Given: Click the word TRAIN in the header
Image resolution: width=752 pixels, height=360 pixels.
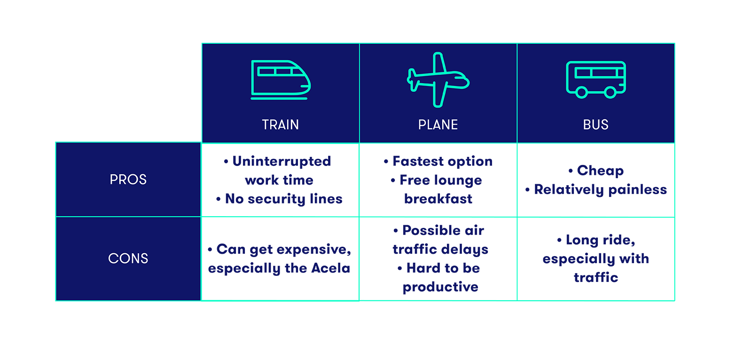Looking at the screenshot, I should pyautogui.click(x=280, y=125).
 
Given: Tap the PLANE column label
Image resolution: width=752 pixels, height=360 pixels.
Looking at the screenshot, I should pyautogui.click(x=438, y=125).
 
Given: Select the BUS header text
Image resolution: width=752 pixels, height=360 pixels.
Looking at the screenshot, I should pyautogui.click(x=595, y=125).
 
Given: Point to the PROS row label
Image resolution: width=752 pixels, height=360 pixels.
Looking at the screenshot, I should pyautogui.click(x=128, y=180).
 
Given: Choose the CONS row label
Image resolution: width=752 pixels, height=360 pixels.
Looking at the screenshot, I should pyautogui.click(x=128, y=258).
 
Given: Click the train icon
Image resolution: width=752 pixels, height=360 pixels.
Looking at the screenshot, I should pyautogui.click(x=281, y=79).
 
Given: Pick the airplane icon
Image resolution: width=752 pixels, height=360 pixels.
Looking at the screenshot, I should pyautogui.click(x=438, y=79).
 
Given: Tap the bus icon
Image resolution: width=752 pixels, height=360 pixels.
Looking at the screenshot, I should pyautogui.click(x=595, y=79).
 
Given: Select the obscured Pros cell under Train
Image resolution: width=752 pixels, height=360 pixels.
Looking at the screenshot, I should pyautogui.click(x=280, y=180).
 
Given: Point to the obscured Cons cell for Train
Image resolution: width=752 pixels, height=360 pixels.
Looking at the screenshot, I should pyautogui.click(x=280, y=259).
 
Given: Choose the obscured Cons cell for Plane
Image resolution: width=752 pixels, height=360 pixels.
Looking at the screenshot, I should pyautogui.click(x=439, y=259).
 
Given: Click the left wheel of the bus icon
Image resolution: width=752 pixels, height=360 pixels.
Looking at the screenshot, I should pyautogui.click(x=581, y=93).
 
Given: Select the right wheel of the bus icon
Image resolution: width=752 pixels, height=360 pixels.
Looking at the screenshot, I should pyautogui.click(x=610, y=93).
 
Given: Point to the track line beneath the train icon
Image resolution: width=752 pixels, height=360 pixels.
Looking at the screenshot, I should pyautogui.click(x=279, y=99).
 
